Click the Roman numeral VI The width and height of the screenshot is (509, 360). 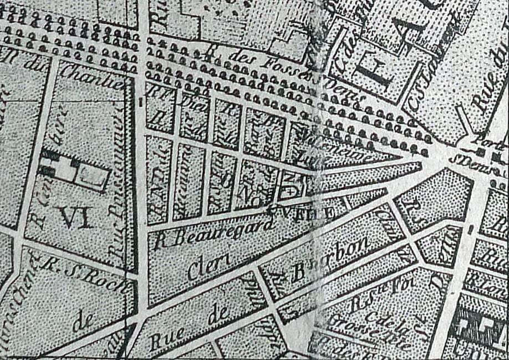75,217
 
